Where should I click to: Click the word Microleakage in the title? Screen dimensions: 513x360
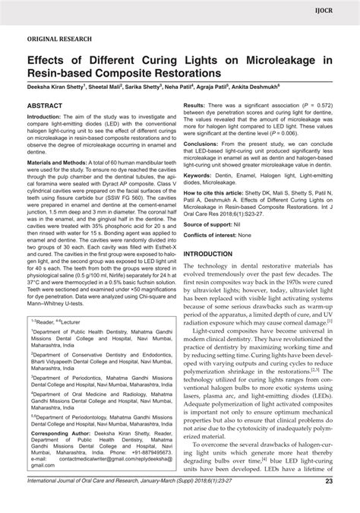[286, 59]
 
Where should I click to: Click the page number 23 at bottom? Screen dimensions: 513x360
[348, 502]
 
